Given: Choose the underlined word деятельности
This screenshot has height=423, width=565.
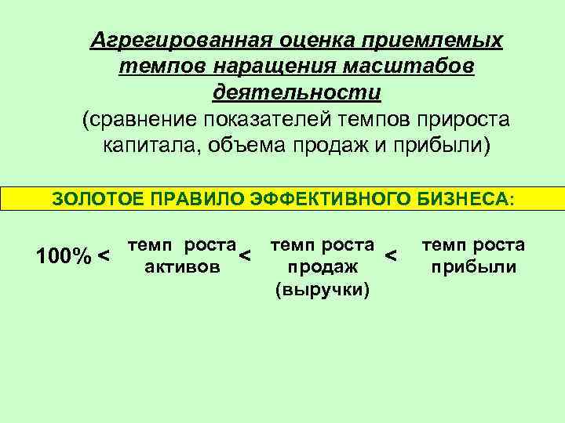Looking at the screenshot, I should click(297, 93).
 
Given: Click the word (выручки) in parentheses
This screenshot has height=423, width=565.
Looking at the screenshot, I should click(322, 290).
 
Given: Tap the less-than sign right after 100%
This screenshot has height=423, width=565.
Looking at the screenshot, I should click(104, 255).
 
